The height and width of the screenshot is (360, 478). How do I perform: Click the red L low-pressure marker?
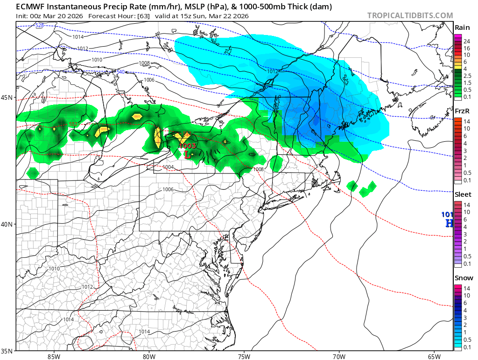pyautogui.click(x=187, y=154)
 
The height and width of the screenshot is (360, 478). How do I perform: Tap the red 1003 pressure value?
pyautogui.click(x=188, y=146)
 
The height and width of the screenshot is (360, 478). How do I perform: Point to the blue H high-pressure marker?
pyautogui.click(x=450, y=223)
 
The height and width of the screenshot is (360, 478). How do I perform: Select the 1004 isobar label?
pyautogui.click(x=169, y=167)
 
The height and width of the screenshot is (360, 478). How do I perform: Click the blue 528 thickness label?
pyautogui.click(x=40, y=25)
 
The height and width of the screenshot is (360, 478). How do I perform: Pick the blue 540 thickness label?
pyautogui.click(x=121, y=72)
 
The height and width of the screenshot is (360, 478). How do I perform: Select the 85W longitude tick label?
pyautogui.click(x=54, y=357)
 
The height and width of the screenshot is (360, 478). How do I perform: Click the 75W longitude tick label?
pyautogui.click(x=244, y=357)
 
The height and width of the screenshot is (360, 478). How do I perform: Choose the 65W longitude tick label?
pyautogui.click(x=434, y=357)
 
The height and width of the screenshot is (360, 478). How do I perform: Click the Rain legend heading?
pyautogui.click(x=462, y=28)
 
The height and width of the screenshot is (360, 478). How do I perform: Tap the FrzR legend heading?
pyautogui.click(x=462, y=111)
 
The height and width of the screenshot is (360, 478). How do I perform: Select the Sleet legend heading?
pyautogui.click(x=463, y=194)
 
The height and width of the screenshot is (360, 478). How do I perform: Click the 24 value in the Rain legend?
pyautogui.click(x=466, y=42)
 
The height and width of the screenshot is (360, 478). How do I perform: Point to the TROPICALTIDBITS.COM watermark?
pyautogui.click(x=410, y=15)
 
